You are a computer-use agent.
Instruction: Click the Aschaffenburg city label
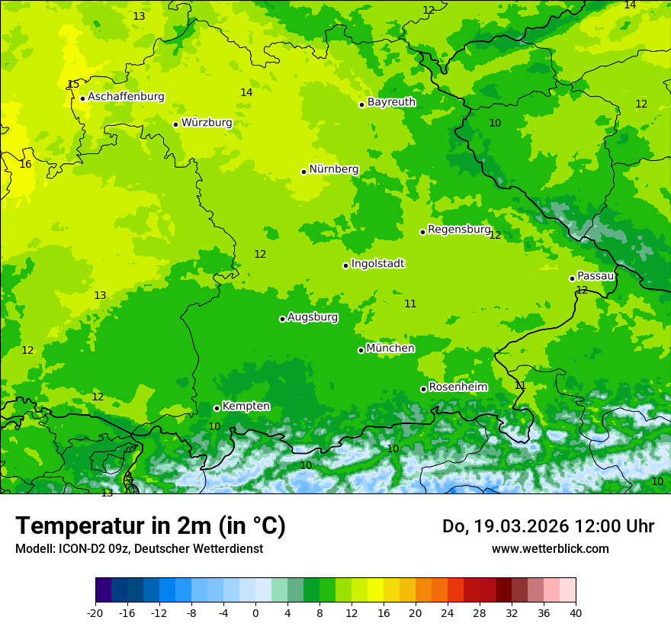pyautogui.click(x=126, y=97)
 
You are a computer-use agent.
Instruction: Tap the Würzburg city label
pyautogui.click(x=207, y=123)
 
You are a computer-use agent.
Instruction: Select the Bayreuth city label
pyautogui.click(x=391, y=102)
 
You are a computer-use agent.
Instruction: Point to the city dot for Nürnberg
pyautogui.click(x=303, y=172)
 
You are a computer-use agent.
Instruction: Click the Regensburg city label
pyautogui.click(x=459, y=230)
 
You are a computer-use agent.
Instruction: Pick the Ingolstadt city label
pyautogui.click(x=377, y=264)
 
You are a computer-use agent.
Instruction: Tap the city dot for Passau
pyautogui.click(x=572, y=278)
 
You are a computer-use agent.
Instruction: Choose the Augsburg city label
pyautogui.click(x=313, y=317)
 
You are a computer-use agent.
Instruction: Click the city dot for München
pyautogui.click(x=361, y=350)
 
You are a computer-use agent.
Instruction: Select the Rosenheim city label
pyautogui.click(x=457, y=387)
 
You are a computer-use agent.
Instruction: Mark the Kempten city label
pyautogui.click(x=246, y=406)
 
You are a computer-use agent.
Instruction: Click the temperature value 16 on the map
pyautogui.click(x=25, y=164)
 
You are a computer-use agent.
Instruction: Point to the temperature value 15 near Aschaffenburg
pyautogui.click(x=72, y=84)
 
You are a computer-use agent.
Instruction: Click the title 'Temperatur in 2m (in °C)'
pyautogui.click(x=150, y=526)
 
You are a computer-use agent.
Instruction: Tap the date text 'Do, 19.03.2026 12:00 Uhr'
pyautogui.click(x=548, y=526)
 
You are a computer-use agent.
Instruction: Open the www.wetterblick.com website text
pyautogui.click(x=550, y=549)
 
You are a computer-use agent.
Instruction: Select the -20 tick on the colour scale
pyautogui.click(x=95, y=612)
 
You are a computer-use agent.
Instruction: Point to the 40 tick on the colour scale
pyautogui.click(x=575, y=612)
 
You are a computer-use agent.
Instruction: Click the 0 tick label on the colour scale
pyautogui.click(x=255, y=612)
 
